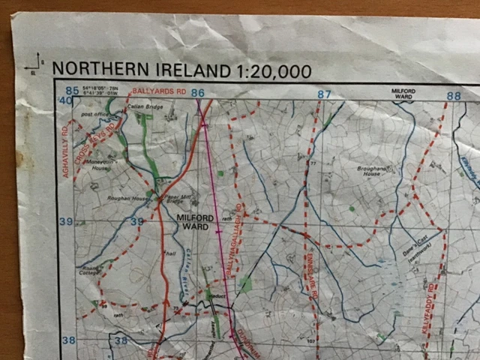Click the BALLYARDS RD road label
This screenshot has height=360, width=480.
pos(158,91)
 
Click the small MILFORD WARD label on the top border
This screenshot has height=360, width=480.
pos(403,93)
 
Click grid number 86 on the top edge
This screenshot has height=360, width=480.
pos(197,93)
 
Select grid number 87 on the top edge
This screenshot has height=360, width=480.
pos(324,94)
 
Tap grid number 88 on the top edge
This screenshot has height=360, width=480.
pos(453,96)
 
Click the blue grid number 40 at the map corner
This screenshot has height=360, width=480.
pos(66,100)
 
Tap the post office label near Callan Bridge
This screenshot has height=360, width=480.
pos(96,115)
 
